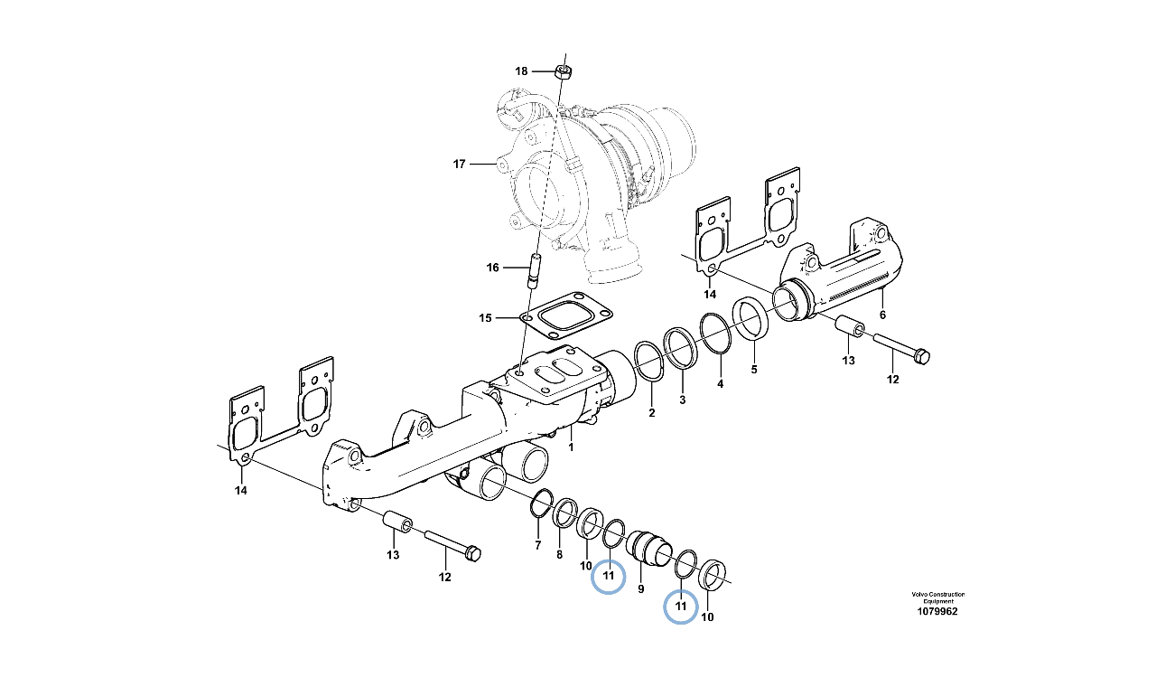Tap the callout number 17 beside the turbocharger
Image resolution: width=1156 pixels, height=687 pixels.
pos(460,165)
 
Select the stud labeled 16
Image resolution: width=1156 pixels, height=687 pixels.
pos(534,270)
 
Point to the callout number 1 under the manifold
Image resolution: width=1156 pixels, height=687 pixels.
pos(571,447)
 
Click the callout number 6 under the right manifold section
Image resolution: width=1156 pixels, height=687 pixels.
pos(882,315)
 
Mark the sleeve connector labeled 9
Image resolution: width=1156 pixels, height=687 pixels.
pos(648,550)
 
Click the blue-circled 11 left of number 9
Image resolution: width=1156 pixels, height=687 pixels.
pos(609,576)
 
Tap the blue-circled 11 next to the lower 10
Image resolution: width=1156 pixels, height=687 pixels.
pos(681,606)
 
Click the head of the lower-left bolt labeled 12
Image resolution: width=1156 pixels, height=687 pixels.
pos(472,554)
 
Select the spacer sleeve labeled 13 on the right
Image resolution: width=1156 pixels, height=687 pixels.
pos(850,326)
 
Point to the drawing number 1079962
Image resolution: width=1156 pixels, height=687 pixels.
pos(937,612)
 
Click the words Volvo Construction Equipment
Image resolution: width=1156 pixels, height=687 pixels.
pos(938,598)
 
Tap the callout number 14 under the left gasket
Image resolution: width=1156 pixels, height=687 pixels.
pos(241,490)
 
